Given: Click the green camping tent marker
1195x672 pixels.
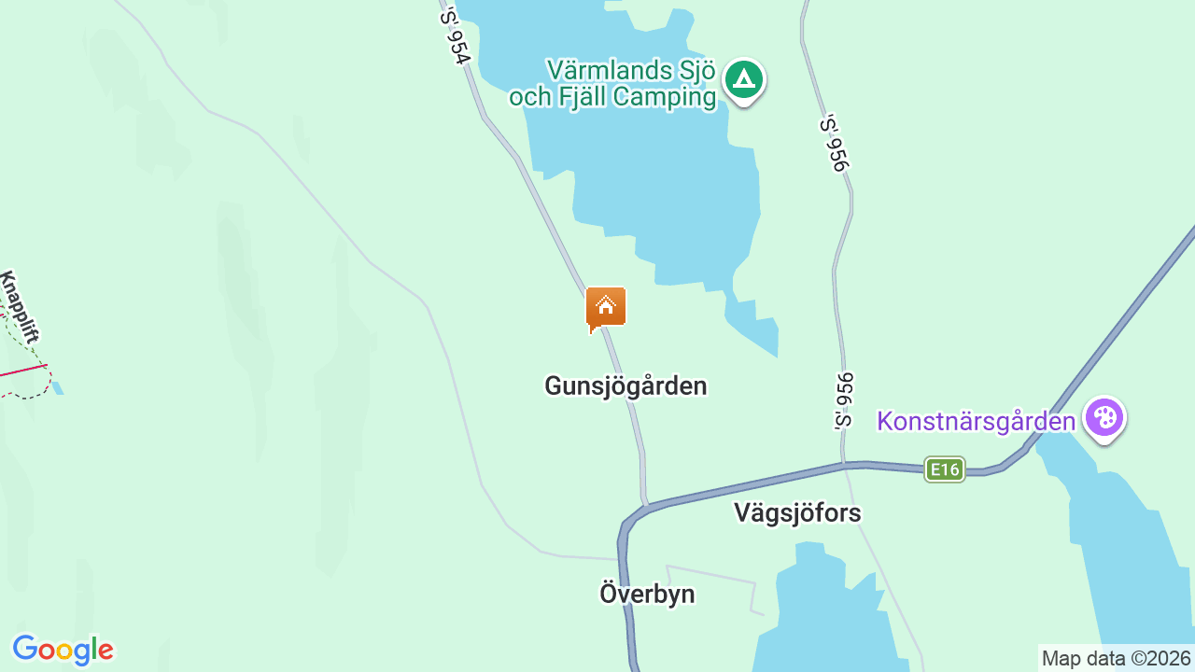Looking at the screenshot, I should (743, 80).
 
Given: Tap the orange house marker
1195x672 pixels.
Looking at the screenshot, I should (605, 307).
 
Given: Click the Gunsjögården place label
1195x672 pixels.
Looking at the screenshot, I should (626, 385).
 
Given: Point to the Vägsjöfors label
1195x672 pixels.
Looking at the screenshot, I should (797, 512).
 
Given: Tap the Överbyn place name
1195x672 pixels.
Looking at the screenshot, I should (647, 594).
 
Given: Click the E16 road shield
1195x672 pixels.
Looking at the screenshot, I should (944, 469).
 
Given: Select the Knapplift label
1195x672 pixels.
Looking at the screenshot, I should (20, 307).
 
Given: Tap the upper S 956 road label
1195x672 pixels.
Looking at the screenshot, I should (834, 143).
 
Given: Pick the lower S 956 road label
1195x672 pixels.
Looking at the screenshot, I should (844, 400).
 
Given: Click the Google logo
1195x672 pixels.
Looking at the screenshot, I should (63, 650).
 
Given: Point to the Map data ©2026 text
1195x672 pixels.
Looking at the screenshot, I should (1117, 658).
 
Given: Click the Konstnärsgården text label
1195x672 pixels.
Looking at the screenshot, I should (976, 421).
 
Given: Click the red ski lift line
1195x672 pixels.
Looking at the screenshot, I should (23, 370).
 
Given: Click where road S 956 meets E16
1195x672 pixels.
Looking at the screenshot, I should (845, 463).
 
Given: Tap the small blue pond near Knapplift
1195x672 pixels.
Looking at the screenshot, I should (58, 387).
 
